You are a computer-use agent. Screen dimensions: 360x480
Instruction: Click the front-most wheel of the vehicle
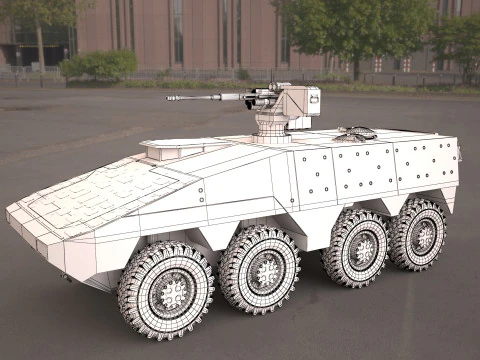coord(166,289)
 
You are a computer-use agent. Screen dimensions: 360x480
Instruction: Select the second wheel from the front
coord(260,269)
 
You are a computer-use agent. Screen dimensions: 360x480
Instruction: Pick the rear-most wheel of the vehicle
coord(418,234)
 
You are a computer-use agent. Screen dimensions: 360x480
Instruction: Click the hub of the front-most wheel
coord(173,291)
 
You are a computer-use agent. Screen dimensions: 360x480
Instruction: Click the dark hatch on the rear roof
coord(358,132)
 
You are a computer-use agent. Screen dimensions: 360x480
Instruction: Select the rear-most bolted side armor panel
coord(426,165)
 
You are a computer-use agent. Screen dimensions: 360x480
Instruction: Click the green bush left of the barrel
coord(98,66)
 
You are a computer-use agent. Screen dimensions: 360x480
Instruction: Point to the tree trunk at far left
coord(40,45)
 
